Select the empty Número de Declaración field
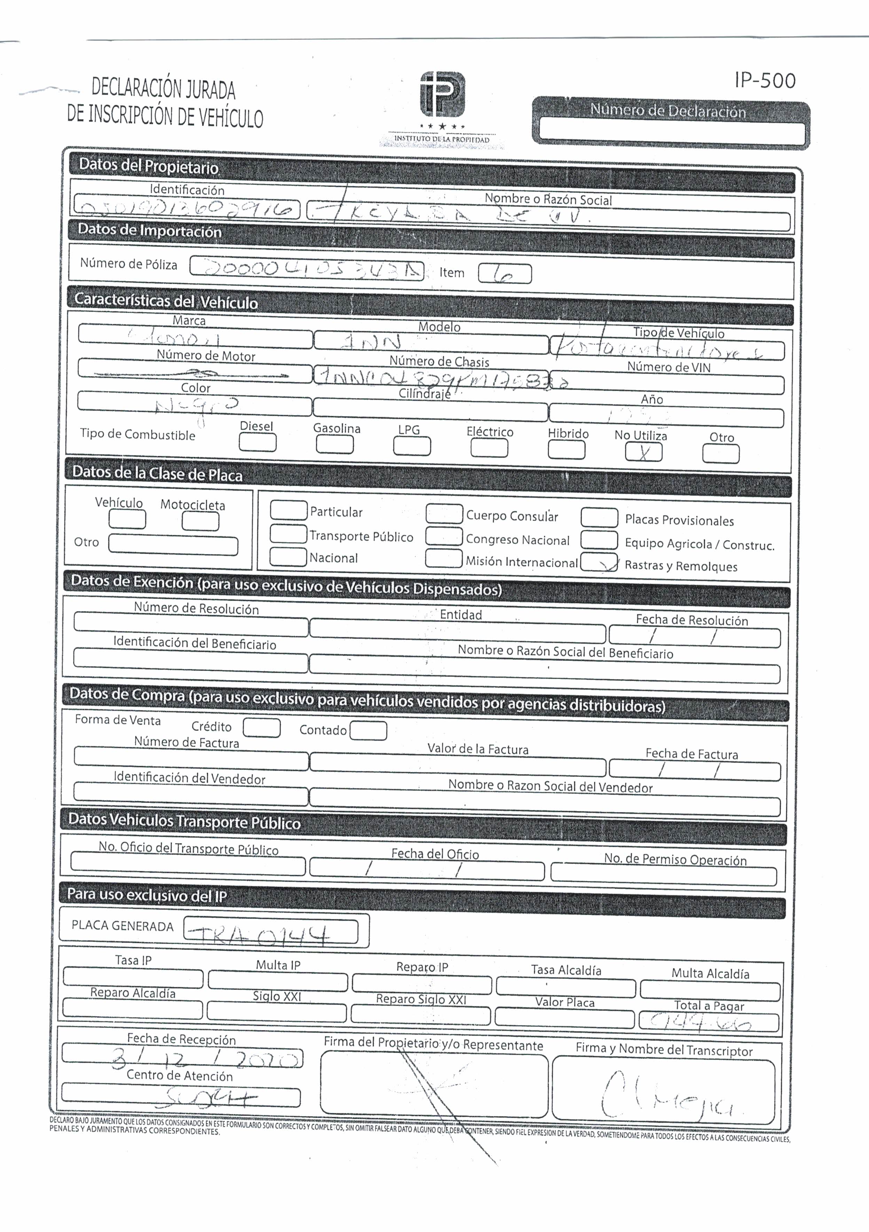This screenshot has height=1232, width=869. (x=672, y=132)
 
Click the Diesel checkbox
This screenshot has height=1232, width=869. (x=258, y=443)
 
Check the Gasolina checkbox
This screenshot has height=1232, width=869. (x=335, y=444)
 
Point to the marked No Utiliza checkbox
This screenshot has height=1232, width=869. (x=643, y=452)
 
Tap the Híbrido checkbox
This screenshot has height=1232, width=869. (x=566, y=450)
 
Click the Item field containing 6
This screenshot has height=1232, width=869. (x=505, y=274)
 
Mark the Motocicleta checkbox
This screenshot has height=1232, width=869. (x=200, y=521)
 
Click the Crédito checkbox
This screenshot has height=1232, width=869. (x=262, y=728)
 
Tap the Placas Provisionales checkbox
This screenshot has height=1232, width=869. (x=599, y=517)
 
